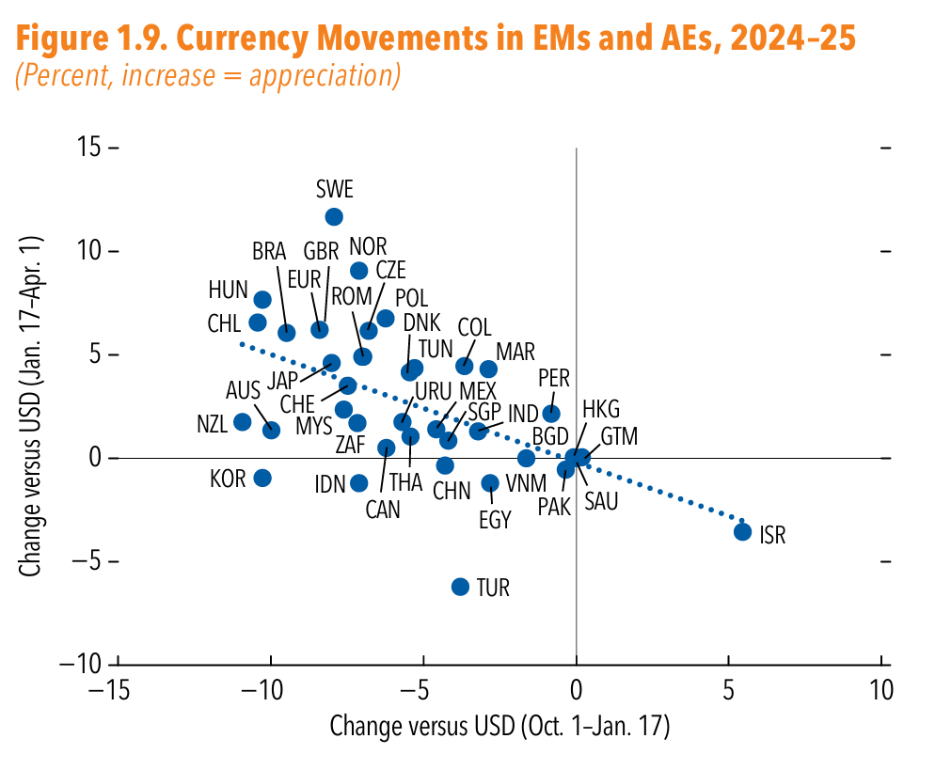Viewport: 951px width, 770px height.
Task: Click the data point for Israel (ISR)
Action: pyautogui.click(x=742, y=531)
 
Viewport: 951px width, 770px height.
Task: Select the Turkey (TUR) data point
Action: pyautogui.click(x=460, y=587)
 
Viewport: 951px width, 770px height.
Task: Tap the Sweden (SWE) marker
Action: pyautogui.click(x=334, y=217)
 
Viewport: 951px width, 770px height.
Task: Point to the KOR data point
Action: pyautogui.click(x=262, y=478)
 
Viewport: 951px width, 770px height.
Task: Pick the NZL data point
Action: pyautogui.click(x=243, y=421)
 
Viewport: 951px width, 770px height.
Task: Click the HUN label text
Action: pyautogui.click(x=228, y=290)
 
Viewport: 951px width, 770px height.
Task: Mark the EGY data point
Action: pyautogui.click(x=490, y=483)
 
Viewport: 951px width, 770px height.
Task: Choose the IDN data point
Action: pyautogui.click(x=358, y=483)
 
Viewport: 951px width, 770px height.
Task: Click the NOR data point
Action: pyautogui.click(x=358, y=271)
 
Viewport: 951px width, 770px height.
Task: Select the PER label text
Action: pyautogui.click(x=554, y=378)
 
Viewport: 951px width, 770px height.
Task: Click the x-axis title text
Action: pyautogui.click(x=499, y=727)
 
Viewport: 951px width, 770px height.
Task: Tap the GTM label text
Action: pyautogui.click(x=619, y=436)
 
